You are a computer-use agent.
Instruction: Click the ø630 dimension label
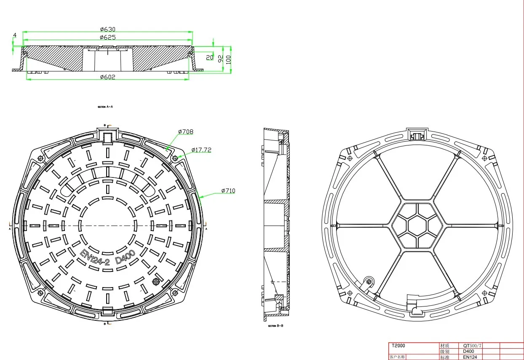tap(108, 29)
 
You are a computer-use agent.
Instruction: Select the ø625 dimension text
tap(108, 37)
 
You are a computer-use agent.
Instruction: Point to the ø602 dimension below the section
tap(108, 77)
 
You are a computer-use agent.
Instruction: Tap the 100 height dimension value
tap(228, 59)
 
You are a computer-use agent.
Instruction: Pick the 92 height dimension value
tap(220, 59)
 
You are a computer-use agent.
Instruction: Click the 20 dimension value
tap(209, 57)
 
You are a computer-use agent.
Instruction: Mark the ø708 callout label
tap(186, 132)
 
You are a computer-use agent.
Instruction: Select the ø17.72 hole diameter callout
tap(201, 150)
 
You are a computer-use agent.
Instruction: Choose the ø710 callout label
tap(228, 191)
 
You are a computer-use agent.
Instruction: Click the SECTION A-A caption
tap(105, 107)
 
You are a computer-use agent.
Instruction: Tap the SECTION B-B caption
tap(276, 326)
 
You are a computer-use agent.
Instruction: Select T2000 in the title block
tap(398, 346)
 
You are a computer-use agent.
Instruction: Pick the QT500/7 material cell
tap(472, 346)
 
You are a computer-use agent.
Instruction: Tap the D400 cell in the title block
tap(468, 351)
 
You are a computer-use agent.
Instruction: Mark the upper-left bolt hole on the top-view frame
tap(41, 158)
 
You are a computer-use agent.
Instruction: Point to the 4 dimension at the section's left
tap(15, 35)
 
